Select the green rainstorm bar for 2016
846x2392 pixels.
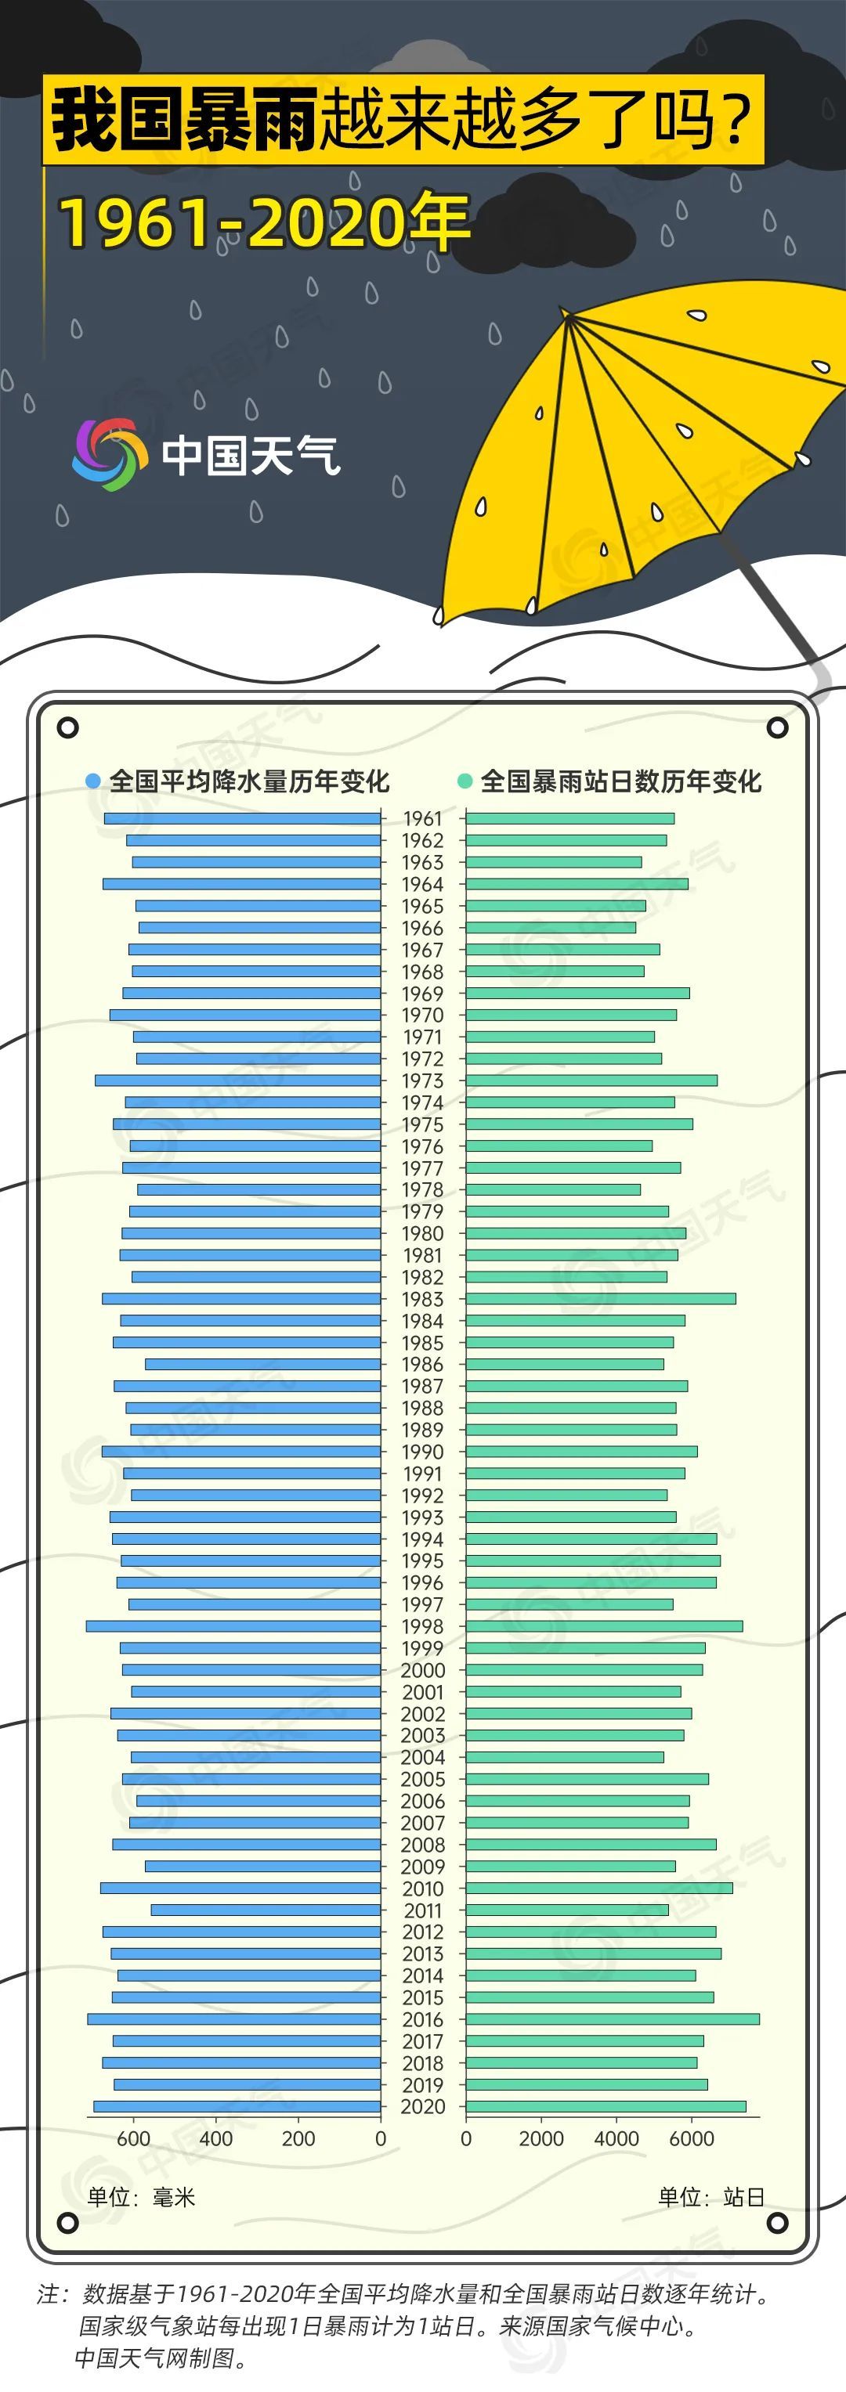[612, 2019]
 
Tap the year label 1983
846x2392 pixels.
[422, 1299]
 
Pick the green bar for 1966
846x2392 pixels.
[551, 928]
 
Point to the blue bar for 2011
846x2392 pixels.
[266, 1910]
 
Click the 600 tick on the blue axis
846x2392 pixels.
[134, 2138]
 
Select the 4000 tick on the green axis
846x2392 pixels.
[616, 2138]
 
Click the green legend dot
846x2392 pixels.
[465, 781]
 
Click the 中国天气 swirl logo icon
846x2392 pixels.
[110, 454]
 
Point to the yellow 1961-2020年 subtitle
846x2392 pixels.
[265, 223]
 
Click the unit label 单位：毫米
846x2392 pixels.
[141, 2197]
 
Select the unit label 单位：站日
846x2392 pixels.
[711, 2197]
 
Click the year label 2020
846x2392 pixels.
[422, 2106]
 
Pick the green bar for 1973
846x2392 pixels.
[591, 1080]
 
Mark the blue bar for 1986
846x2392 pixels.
[262, 1364]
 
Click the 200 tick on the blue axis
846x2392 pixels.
[299, 2138]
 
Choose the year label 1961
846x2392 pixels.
[422, 818]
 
